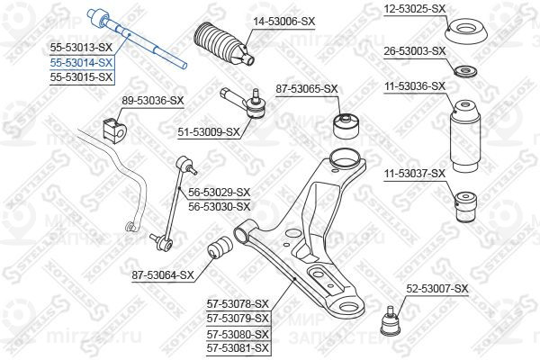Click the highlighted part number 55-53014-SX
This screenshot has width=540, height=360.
pyautogui.click(x=81, y=63)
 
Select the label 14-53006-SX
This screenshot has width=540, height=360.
pyautogui.click(x=284, y=22)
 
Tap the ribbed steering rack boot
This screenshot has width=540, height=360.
pyautogui.click(x=224, y=44)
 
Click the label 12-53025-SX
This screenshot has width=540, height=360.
pyautogui.click(x=415, y=9)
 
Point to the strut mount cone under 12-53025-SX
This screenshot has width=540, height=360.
pyautogui.click(x=466, y=31)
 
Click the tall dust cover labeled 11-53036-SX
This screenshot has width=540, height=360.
pyautogui.click(x=465, y=137)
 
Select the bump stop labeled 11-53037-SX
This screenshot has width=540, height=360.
pyautogui.click(x=466, y=207)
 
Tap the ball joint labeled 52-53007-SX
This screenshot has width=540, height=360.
pyautogui.click(x=391, y=322)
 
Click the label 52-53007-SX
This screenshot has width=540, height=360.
pyautogui.click(x=437, y=289)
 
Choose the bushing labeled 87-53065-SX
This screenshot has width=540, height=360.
pyautogui.click(x=346, y=126)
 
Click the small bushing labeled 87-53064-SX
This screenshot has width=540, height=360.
pyautogui.click(x=220, y=247)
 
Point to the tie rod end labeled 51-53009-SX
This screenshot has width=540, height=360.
pyautogui.click(x=244, y=103)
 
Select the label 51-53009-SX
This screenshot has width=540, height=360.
pyautogui.click(x=209, y=132)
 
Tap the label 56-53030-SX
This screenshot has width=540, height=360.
pyautogui.click(x=219, y=207)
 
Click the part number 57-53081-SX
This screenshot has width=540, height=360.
pyautogui.click(x=238, y=348)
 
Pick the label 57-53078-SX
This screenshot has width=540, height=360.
pyautogui.click(x=238, y=304)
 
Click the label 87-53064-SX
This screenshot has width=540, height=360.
pyautogui.click(x=163, y=275)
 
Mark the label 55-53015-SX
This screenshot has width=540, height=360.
pyautogui.click(x=81, y=77)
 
